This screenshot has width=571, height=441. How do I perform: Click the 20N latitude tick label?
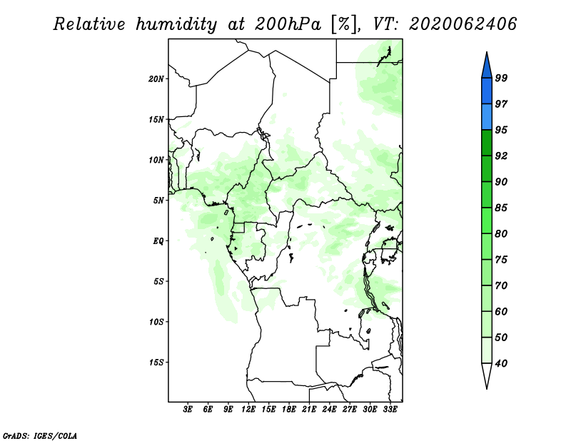click(x=156, y=79)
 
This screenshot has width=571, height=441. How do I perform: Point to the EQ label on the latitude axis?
click(x=158, y=241)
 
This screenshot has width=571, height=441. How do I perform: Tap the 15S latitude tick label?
click(x=156, y=363)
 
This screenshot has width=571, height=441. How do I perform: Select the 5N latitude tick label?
click(x=158, y=201)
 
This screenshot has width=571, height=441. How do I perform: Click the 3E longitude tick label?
click(x=188, y=410)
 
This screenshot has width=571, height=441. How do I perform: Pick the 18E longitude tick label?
click(x=289, y=410)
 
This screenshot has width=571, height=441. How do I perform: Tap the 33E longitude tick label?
click(x=390, y=410)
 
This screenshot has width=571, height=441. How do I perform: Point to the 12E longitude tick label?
click(x=248, y=410)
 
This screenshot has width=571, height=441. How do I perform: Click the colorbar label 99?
click(x=501, y=78)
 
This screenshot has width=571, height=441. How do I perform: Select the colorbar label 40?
click(x=501, y=363)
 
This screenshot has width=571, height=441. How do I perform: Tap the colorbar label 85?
click(x=501, y=208)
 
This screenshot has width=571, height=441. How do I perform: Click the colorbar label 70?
click(x=501, y=285)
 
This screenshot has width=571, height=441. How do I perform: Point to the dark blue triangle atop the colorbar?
click(x=487, y=67)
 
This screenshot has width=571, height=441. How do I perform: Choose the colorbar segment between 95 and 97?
click(x=487, y=117)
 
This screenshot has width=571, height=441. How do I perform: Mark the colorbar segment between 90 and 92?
click(x=487, y=169)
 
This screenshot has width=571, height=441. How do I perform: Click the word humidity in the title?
click(x=176, y=24)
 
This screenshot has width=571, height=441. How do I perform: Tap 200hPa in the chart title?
click(x=288, y=24)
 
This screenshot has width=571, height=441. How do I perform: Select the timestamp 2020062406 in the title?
click(x=463, y=24)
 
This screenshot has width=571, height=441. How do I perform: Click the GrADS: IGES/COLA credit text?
click(x=40, y=436)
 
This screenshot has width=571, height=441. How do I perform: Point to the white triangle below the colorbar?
click(x=487, y=374)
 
